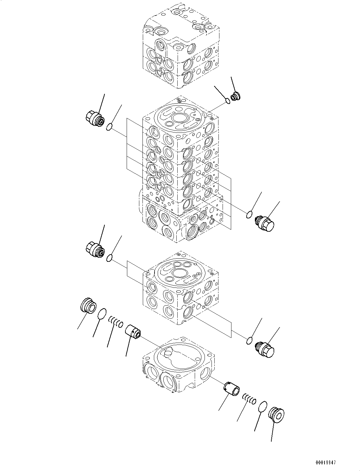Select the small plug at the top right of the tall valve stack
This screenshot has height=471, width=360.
(236, 96)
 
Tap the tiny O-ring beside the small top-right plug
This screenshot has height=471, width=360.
(228, 101)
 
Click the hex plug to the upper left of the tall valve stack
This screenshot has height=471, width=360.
(95, 120)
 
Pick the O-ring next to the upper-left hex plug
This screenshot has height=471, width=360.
(109, 127)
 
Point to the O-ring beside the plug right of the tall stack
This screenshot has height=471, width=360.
(250, 215)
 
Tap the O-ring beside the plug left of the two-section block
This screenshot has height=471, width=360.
(109, 258)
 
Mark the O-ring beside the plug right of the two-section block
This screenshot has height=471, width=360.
(250, 341)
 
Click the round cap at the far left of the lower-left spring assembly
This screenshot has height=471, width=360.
(87, 306)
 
